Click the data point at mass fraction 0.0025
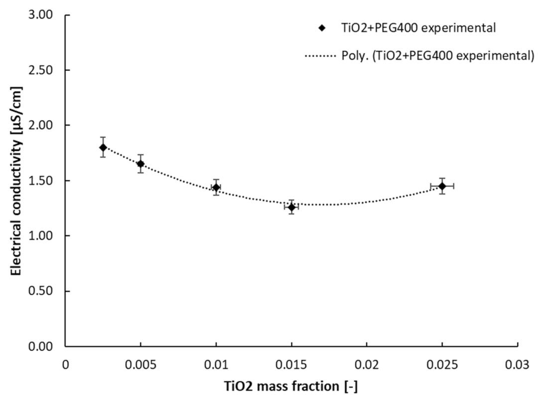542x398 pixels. pyautogui.click(x=103, y=147)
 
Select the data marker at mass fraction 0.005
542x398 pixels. pyautogui.click(x=140, y=164)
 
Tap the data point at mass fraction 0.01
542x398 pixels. pyautogui.click(x=216, y=187)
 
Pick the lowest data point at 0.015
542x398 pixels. pyautogui.click(x=291, y=207)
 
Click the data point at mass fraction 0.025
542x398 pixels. pyautogui.click(x=442, y=186)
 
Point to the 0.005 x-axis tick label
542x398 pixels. pyautogui.click(x=140, y=364)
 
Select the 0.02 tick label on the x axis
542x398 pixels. pyautogui.click(x=367, y=364)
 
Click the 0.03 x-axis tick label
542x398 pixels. pyautogui.click(x=518, y=364)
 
